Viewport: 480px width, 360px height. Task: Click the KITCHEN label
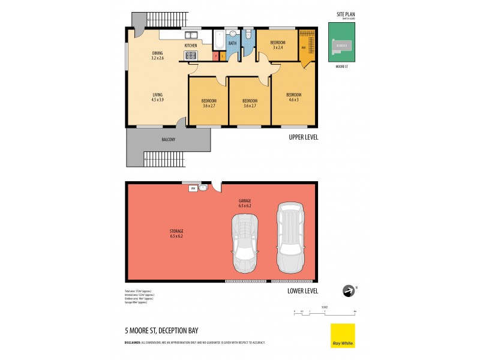[x=191, y=46]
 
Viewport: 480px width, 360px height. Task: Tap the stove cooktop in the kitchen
[x=191, y=56]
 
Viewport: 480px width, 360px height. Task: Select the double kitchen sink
[x=193, y=35]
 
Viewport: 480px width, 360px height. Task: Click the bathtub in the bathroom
[x=218, y=41]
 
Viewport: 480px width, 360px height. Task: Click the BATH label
[x=233, y=43]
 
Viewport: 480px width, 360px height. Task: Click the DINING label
[x=157, y=53]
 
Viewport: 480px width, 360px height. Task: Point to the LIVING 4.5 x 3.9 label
[x=157, y=97]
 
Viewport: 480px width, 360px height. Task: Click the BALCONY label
[x=169, y=140]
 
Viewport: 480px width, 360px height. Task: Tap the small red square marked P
[x=215, y=56]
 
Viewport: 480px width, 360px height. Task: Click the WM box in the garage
[x=193, y=188]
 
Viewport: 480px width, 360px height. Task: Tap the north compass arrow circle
[x=347, y=291]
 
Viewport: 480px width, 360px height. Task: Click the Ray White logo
[x=343, y=335]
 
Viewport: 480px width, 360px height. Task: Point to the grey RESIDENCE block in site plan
[x=341, y=45]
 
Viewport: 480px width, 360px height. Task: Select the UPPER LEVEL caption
[x=303, y=137]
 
